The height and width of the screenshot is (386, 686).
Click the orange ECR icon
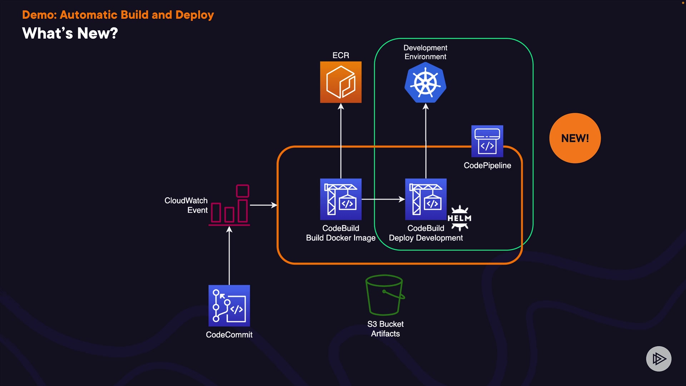click(340, 82)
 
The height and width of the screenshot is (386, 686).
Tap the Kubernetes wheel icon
click(425, 83)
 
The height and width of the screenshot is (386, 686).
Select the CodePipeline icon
click(487, 141)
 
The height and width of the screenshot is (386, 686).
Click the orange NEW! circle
click(575, 138)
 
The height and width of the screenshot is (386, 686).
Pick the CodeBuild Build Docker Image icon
click(340, 199)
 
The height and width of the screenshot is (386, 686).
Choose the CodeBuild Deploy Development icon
click(426, 199)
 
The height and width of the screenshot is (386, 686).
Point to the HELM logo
click(459, 218)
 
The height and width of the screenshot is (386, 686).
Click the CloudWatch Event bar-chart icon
click(229, 205)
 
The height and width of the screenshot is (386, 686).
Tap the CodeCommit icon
click(229, 306)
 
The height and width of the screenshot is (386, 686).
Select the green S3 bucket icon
click(385, 295)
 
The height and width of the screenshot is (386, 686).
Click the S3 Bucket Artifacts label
click(385, 329)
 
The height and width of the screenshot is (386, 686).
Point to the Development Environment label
click(425, 52)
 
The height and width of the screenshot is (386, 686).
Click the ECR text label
click(340, 55)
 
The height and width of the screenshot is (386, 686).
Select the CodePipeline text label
click(487, 165)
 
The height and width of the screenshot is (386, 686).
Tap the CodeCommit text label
click(229, 335)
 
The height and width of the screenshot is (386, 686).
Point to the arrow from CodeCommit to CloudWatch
click(229, 256)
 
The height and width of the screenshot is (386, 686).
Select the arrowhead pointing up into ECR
click(341, 107)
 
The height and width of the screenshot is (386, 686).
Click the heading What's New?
click(70, 34)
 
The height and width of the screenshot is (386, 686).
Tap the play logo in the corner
click(658, 358)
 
